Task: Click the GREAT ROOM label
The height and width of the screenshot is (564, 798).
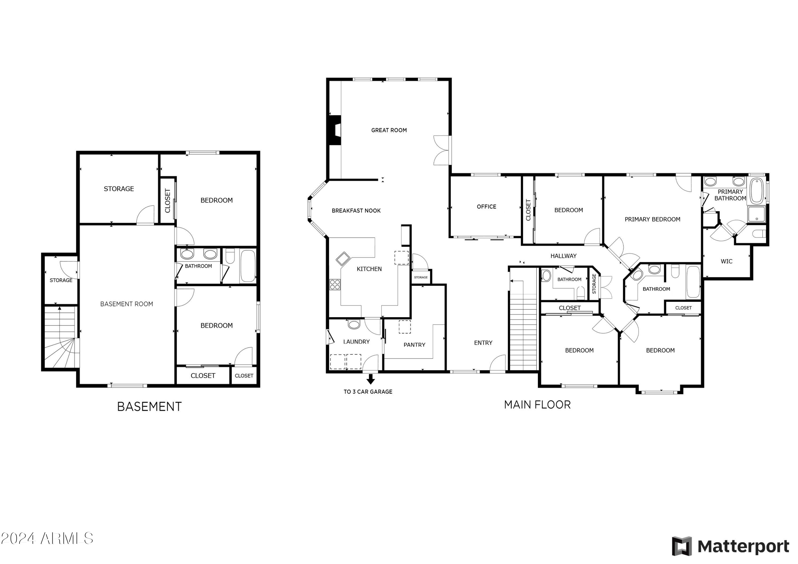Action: (389, 130)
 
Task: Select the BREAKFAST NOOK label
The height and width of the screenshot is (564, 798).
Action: (356, 211)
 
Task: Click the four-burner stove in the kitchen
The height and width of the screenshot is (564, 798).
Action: (335, 284)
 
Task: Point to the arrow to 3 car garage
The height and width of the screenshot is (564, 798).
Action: (371, 379)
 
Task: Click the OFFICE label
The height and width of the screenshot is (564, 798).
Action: (486, 207)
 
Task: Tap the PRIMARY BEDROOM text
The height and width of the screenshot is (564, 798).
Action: (652, 219)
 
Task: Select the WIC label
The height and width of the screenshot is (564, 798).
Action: (726, 261)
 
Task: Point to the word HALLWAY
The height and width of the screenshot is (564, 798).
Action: (563, 256)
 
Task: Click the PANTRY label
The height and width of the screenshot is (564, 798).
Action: (414, 345)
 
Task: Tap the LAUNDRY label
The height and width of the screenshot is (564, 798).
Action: (356, 342)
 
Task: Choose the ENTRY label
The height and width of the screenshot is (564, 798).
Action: (483, 343)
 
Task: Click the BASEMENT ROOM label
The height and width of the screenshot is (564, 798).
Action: (127, 304)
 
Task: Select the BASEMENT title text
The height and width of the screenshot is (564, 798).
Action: (149, 407)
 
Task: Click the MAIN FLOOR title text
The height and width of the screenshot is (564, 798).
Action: (537, 405)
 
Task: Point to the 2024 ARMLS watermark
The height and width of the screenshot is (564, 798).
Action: (47, 538)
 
